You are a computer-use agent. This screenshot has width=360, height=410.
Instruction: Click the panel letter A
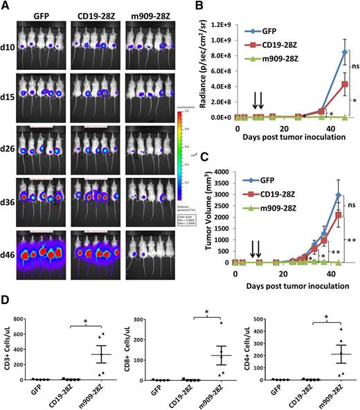pos(6,6)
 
